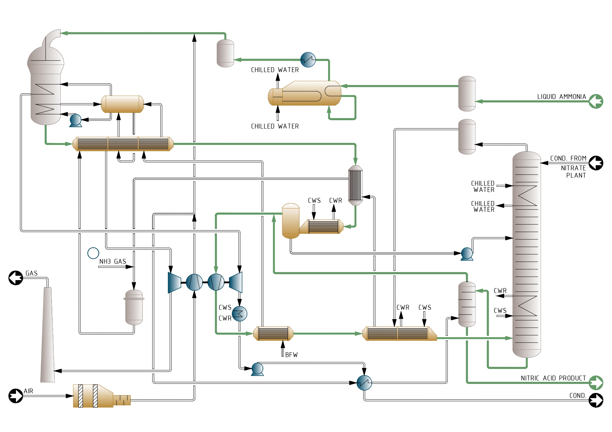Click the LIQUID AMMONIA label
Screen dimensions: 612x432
click(x=561, y=97)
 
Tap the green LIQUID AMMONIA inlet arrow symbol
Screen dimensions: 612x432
click(x=596, y=101)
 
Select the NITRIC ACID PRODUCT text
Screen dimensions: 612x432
click(x=553, y=378)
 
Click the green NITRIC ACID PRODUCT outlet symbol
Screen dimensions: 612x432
click(x=596, y=383)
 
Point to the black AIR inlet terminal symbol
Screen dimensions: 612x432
click(x=16, y=396)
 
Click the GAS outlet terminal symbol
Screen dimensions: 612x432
click(x=16, y=278)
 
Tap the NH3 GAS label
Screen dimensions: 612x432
click(x=113, y=261)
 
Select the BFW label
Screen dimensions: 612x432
click(x=292, y=355)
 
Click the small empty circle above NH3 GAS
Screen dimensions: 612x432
click(x=93, y=253)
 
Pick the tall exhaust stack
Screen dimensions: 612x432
click(x=47, y=334)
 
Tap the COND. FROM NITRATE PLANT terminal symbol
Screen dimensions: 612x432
click(x=596, y=163)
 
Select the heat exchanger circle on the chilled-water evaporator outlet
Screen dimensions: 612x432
click(x=308, y=60)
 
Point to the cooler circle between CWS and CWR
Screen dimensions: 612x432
click(x=240, y=314)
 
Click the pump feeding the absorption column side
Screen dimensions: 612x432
click(x=467, y=254)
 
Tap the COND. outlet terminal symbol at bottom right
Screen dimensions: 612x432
click(x=596, y=400)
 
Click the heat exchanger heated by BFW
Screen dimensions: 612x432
click(x=273, y=333)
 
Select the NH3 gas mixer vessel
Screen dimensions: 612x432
click(x=134, y=307)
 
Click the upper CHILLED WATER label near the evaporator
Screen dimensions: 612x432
click(x=275, y=70)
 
